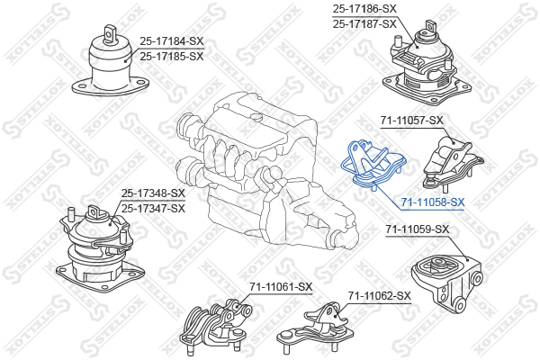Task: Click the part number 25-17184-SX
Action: click(172, 41)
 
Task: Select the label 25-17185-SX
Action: click(172, 56)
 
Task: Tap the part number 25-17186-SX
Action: click(364, 9)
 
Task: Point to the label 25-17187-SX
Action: click(364, 24)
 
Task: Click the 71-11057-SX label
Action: click(412, 121)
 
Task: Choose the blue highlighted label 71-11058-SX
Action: click(433, 202)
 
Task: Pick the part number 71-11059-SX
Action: click(418, 229)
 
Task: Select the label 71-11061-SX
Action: click(281, 286)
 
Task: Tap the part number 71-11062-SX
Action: click(380, 295)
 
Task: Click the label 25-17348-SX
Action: click(153, 193)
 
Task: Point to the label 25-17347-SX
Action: click(153, 209)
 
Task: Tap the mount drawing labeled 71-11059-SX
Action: click(447, 283)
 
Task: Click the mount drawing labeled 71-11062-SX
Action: click(315, 328)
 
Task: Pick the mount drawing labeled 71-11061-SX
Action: click(216, 326)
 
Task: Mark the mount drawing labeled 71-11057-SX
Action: click(452, 165)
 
